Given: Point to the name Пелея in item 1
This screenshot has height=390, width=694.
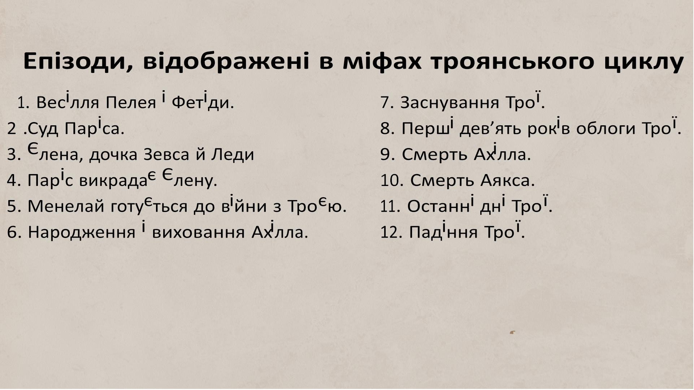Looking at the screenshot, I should click(131, 103).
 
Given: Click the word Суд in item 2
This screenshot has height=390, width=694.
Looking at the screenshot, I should click(43, 129).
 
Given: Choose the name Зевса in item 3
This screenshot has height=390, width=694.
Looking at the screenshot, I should click(166, 155).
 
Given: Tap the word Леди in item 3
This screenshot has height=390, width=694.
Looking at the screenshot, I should click(233, 155).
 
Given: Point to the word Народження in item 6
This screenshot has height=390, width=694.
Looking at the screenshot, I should click(81, 232).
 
